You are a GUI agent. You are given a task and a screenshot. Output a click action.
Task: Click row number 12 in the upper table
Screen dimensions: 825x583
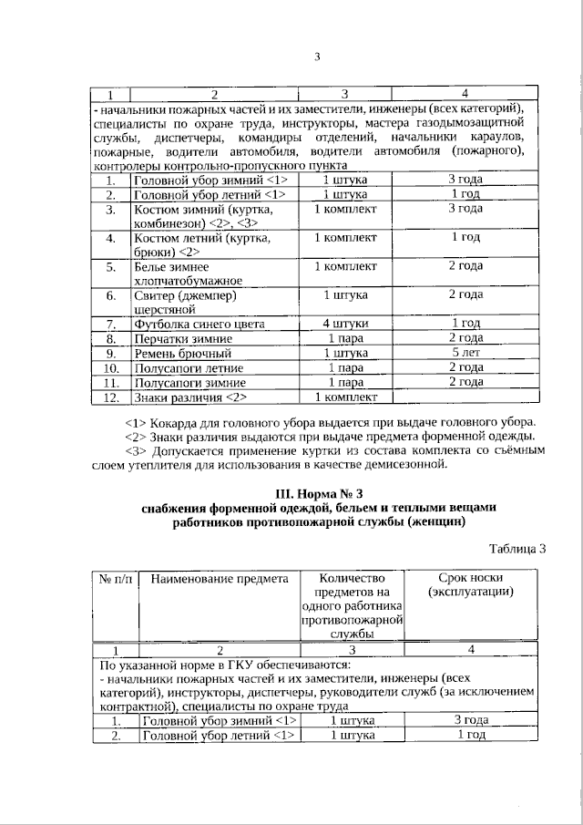(x=111, y=397)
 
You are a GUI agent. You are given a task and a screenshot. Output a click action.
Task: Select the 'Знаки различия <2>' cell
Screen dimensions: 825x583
(x=189, y=397)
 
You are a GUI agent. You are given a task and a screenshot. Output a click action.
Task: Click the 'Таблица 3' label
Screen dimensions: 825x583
(x=517, y=549)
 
